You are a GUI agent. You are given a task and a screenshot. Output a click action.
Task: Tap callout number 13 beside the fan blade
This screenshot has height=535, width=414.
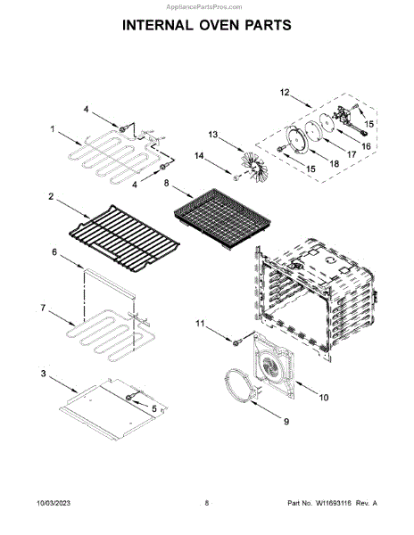coord(212,135)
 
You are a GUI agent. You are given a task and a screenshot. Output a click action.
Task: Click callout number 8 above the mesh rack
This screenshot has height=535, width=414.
coord(166,183)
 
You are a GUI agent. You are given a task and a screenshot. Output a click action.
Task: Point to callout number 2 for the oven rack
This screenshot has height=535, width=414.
coord(51,196)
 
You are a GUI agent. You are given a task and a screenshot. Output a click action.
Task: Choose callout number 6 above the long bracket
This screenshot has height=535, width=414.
coord(54,252)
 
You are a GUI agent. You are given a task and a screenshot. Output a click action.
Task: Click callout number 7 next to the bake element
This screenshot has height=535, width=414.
coord(43,308)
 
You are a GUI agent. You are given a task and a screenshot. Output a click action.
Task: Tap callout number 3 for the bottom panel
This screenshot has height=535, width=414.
coord(44,374)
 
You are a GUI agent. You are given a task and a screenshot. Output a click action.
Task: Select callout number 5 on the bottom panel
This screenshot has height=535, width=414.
coord(154,408)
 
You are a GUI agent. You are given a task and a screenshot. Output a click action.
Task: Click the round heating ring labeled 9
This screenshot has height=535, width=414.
coord(239,384)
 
